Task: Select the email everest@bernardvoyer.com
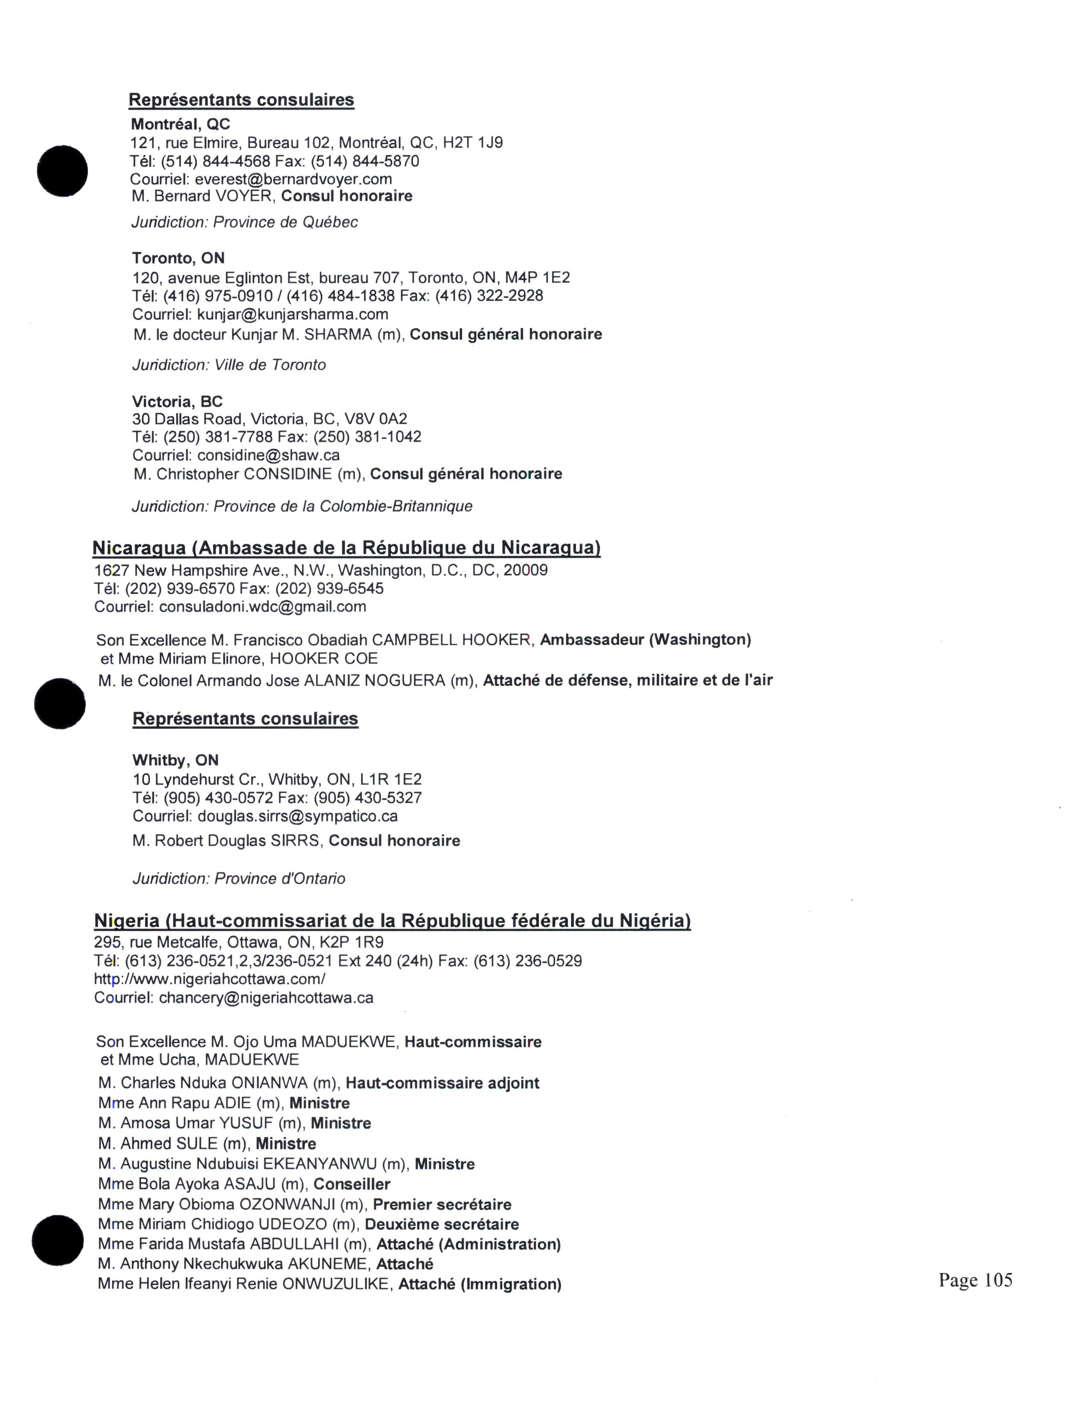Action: pos(293,179)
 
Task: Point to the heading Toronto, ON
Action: pos(179,258)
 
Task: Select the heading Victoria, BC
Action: pos(177,401)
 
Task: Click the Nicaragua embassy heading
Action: pos(346,548)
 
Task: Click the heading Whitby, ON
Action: pos(176,760)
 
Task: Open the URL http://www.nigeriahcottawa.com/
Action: pos(210,979)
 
